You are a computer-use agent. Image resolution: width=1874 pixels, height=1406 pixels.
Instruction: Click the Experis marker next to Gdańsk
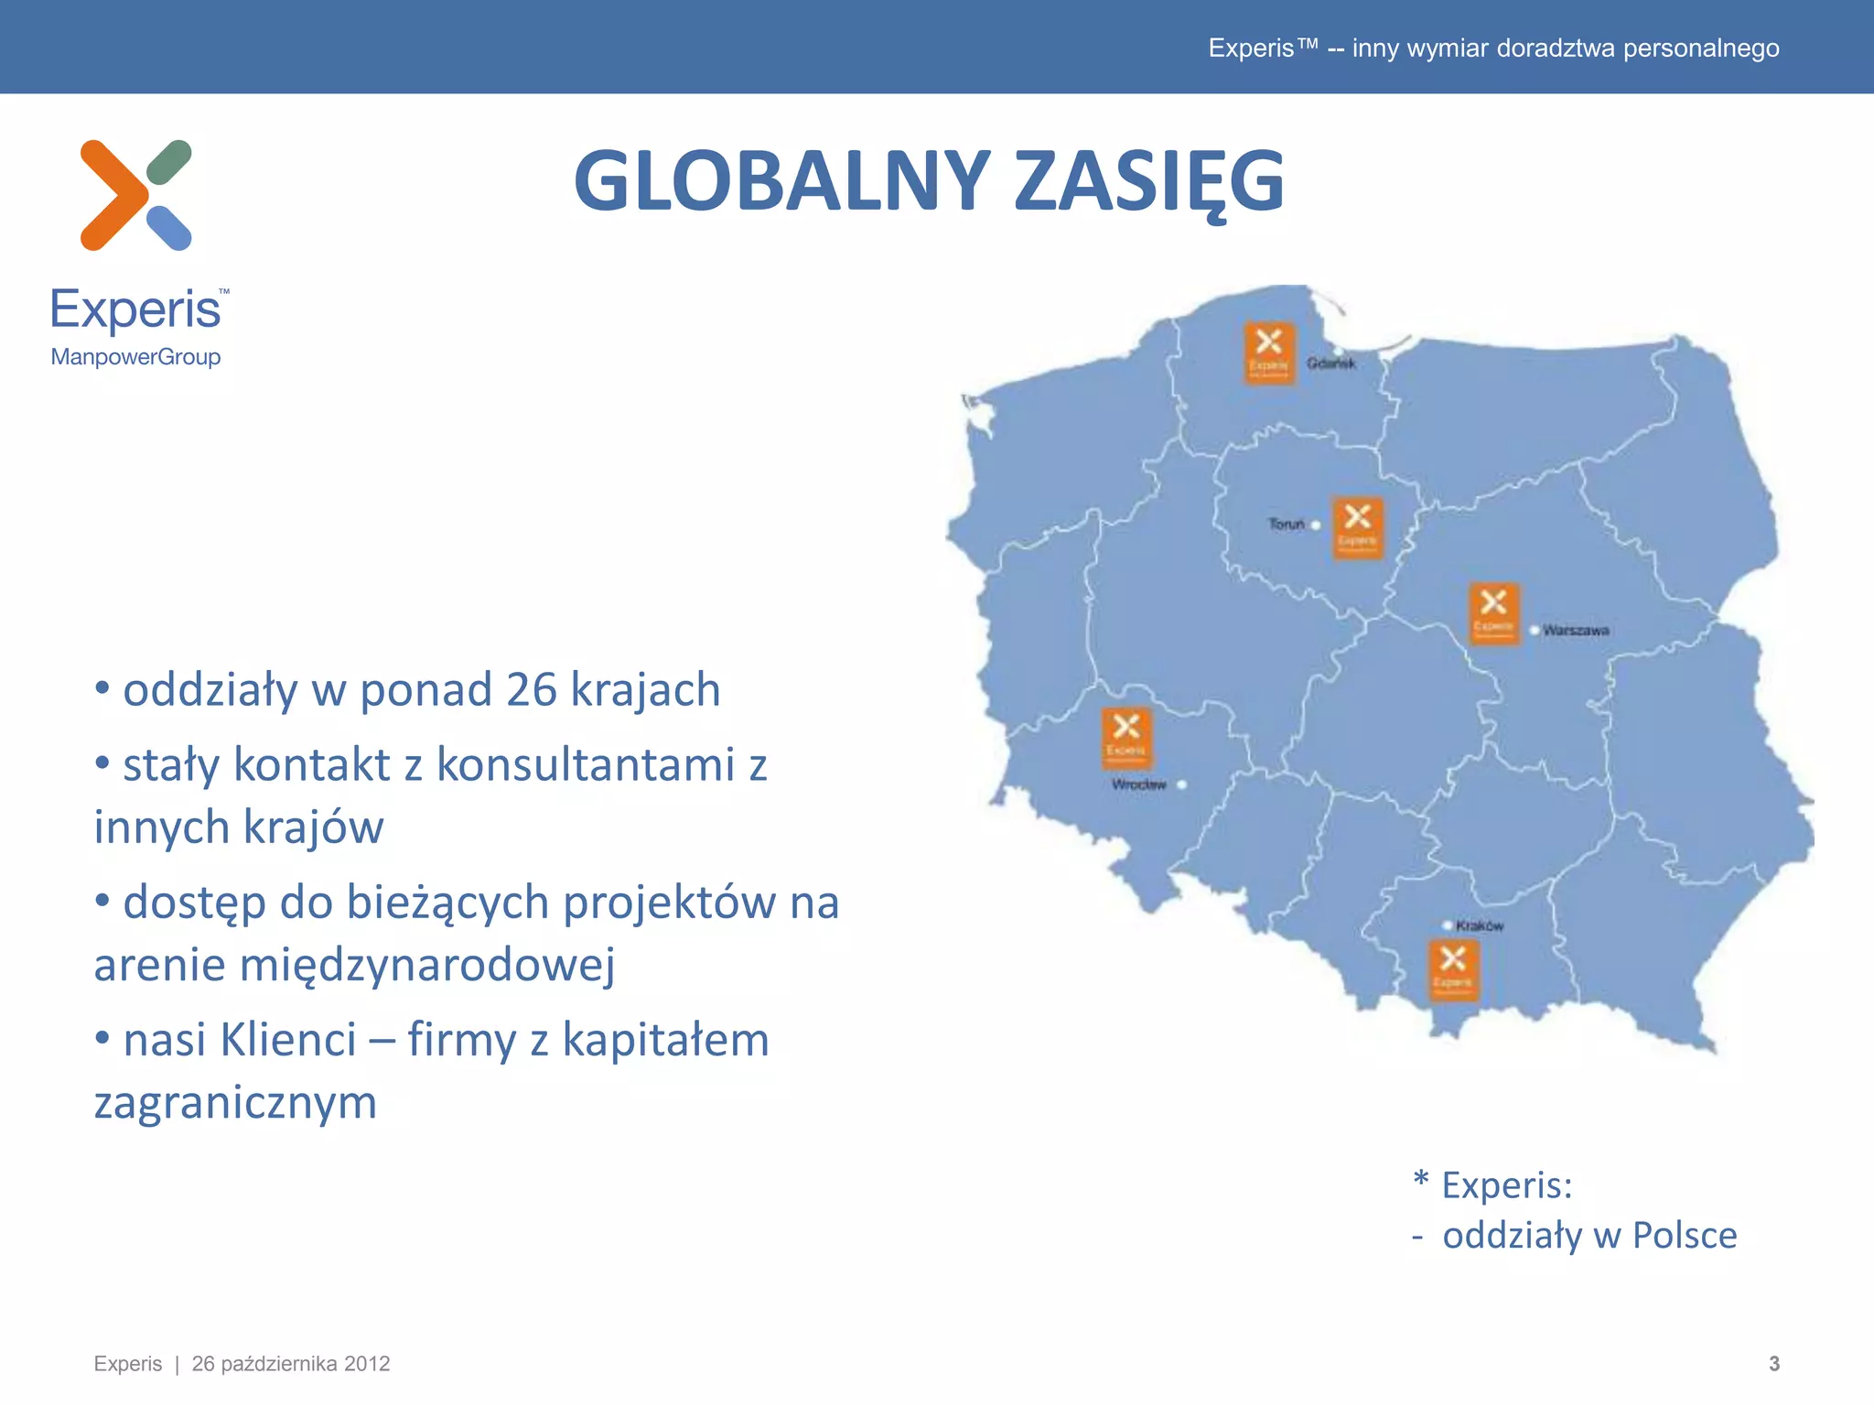click(x=1268, y=352)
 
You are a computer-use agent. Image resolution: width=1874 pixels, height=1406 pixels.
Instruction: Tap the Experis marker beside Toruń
click(x=1357, y=528)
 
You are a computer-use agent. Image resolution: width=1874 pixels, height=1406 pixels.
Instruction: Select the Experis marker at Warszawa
click(x=1493, y=613)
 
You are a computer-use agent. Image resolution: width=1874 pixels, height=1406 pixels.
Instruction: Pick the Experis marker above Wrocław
click(x=1125, y=738)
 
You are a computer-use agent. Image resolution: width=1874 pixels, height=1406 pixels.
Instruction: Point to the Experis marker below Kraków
click(x=1452, y=970)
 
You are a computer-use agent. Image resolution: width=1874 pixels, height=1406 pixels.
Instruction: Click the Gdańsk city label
click(x=1330, y=363)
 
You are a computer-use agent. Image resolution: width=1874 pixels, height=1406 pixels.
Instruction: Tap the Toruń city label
click(x=1287, y=525)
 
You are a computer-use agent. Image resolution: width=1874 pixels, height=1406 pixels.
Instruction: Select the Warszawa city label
click(x=1576, y=630)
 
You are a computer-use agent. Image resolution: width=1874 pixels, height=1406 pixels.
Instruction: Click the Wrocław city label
click(x=1139, y=784)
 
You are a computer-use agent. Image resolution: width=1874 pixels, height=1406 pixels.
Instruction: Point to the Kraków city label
click(x=1480, y=925)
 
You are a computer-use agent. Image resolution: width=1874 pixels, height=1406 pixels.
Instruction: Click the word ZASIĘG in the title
click(x=1148, y=181)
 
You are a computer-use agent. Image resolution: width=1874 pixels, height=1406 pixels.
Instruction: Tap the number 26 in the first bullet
click(x=532, y=689)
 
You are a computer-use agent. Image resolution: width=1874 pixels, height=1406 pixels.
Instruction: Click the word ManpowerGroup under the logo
click(x=135, y=357)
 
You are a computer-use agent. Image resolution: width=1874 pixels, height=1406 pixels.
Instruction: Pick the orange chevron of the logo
click(x=112, y=195)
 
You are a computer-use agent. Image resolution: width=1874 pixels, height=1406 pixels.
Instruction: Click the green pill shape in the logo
click(x=169, y=162)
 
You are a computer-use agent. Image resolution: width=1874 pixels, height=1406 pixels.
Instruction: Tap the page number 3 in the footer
click(x=1773, y=1363)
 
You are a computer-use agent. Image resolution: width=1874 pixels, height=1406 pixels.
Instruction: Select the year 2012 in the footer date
click(x=367, y=1364)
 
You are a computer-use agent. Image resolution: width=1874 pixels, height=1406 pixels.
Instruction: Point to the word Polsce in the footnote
click(x=1684, y=1236)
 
